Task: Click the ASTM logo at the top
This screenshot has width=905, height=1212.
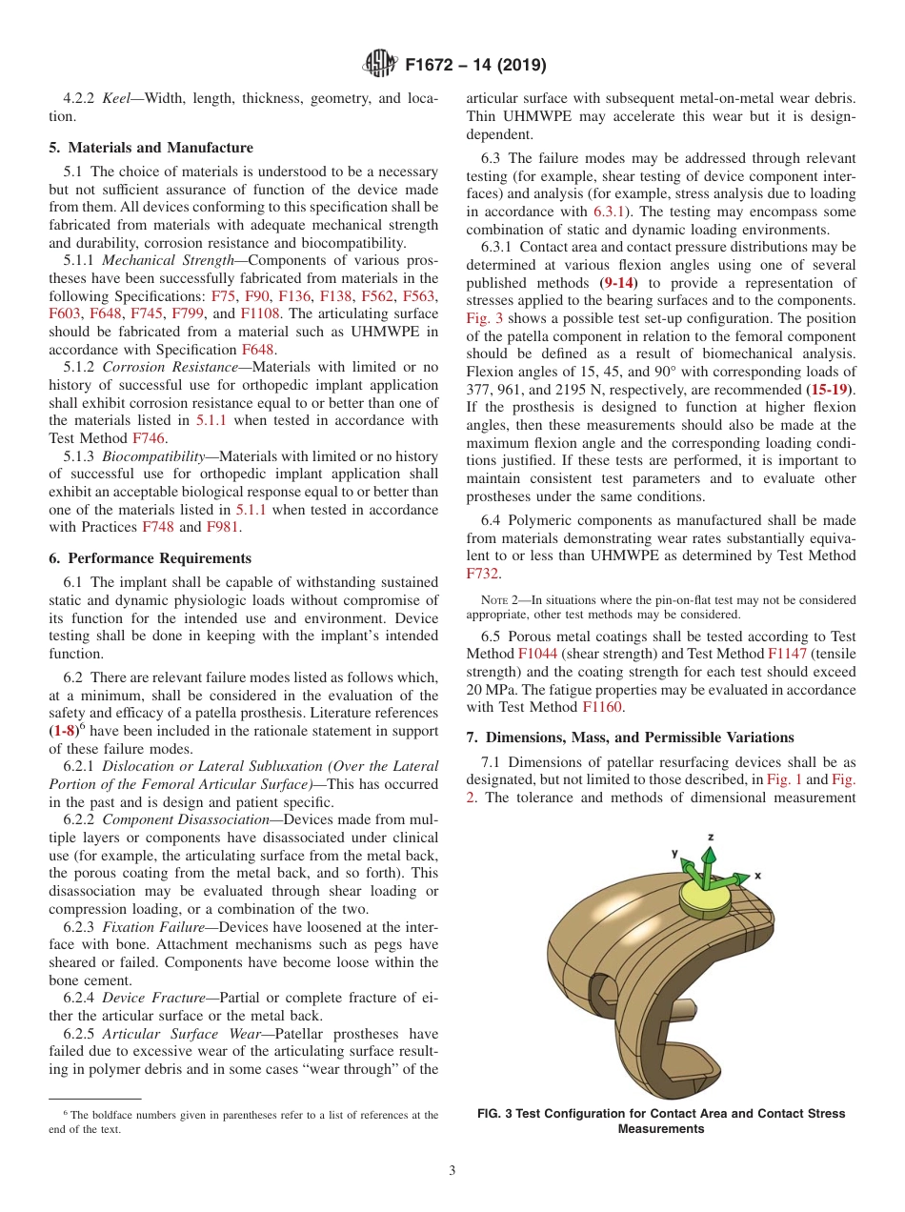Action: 379,66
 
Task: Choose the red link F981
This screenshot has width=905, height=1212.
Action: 223,527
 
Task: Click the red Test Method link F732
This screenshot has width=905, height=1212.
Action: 483,573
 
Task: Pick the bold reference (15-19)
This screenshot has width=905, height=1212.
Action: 829,390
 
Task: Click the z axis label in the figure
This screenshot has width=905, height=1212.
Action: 710,837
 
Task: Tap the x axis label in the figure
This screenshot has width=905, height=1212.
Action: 757,874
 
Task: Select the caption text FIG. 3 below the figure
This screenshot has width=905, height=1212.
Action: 501,1113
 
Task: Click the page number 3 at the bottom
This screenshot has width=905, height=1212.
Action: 452,1170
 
